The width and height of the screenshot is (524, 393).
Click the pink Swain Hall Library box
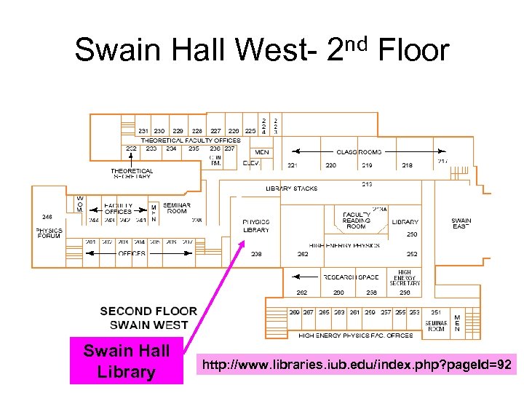click(127, 361)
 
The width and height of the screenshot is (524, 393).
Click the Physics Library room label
click(255, 226)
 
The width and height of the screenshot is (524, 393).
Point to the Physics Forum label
click(49, 233)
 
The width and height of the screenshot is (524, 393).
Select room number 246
click(47, 216)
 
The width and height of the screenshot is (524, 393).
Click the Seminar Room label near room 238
click(177, 208)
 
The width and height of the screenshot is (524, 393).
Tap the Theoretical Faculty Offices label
click(191, 140)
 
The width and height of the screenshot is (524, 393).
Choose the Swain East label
click(461, 223)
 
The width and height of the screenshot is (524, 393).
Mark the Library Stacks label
click(291, 188)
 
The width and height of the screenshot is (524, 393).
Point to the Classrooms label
click(358, 152)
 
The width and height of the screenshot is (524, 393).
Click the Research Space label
click(351, 277)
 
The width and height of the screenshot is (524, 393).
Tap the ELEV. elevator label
click(251, 163)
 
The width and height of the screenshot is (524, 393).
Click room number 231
click(143, 131)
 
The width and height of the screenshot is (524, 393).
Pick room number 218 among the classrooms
click(407, 165)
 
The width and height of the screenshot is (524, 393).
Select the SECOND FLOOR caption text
click(148, 311)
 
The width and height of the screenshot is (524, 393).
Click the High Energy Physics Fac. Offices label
click(355, 336)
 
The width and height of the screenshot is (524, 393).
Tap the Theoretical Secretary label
click(132, 173)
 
